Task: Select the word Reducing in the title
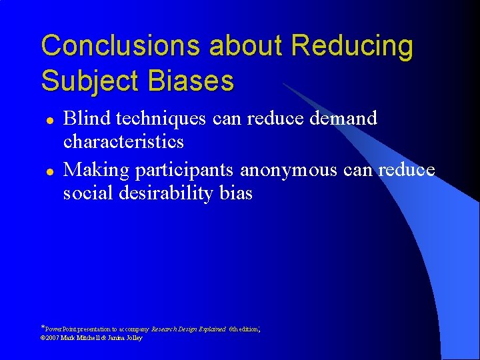(x=352, y=47)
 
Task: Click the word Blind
(x=87, y=118)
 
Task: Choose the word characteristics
(x=123, y=141)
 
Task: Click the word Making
(x=97, y=170)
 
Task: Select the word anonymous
(x=289, y=170)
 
